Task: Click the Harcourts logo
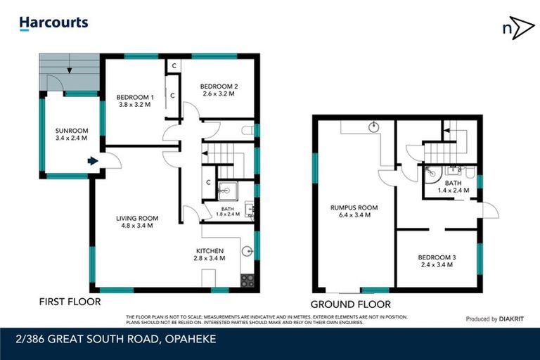pyautogui.click(x=53, y=23)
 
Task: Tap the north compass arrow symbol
pyautogui.click(x=517, y=28)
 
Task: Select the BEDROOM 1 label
pyautogui.click(x=134, y=97)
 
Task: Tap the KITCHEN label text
pyautogui.click(x=210, y=251)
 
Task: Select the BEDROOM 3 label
pyautogui.click(x=438, y=258)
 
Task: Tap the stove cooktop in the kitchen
pyautogui.click(x=247, y=279)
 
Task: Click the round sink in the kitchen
pyautogui.click(x=246, y=250)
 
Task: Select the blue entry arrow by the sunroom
pyautogui.click(x=92, y=161)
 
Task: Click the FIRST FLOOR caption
pyautogui.click(x=70, y=302)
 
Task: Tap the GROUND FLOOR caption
pyautogui.click(x=361, y=304)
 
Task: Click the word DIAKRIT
pyautogui.click(x=515, y=319)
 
